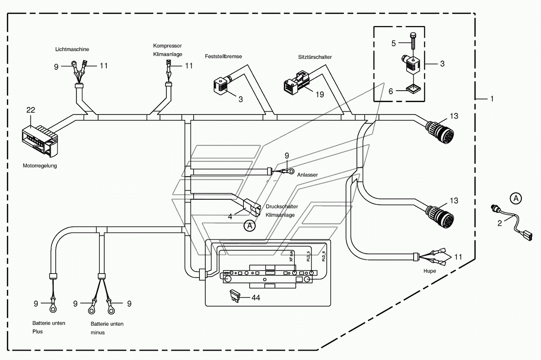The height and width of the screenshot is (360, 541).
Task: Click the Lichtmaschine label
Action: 72,49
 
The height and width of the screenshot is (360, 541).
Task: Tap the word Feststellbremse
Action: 223,56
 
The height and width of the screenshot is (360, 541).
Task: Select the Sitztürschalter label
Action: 315,57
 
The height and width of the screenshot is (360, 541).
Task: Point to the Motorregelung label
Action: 40,166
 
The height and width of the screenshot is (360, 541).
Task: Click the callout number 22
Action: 31,110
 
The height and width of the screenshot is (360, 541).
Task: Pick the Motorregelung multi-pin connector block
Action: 40,141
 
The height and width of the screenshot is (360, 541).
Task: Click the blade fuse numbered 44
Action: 234,296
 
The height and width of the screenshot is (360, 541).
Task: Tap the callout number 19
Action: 320,95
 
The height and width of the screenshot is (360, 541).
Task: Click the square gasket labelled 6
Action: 413,89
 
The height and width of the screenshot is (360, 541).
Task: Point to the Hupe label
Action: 430,271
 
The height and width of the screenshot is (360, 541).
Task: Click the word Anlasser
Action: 307,175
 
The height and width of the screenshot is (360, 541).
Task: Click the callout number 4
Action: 230,217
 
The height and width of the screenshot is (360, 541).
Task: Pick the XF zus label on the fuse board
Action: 291,256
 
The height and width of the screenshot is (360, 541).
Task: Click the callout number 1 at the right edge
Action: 492,99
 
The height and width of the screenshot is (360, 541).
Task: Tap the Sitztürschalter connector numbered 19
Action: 296,83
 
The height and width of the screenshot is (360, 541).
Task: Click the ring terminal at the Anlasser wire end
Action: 291,171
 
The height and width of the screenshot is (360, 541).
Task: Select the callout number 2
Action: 500,223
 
